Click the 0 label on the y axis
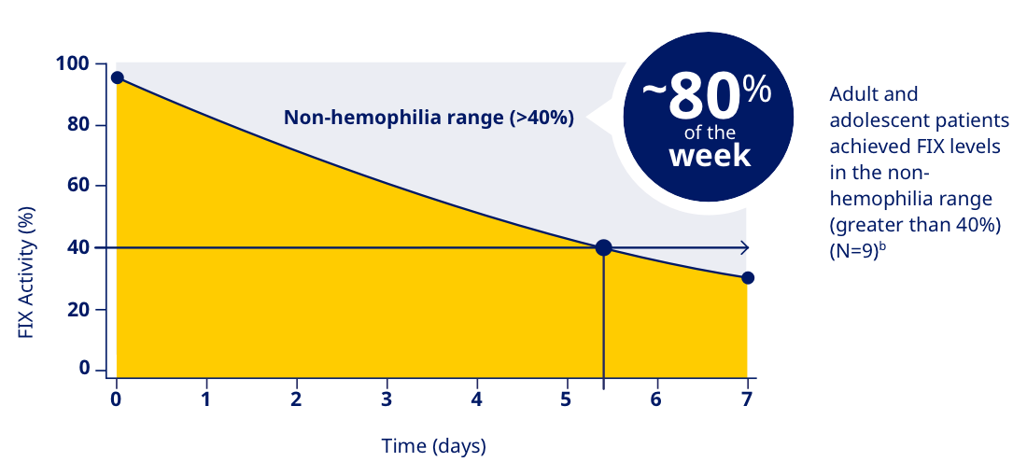[x=85, y=369]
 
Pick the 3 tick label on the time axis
[x=386, y=399]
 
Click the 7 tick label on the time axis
[x=746, y=399]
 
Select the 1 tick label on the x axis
[x=205, y=399]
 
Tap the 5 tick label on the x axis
[x=566, y=399]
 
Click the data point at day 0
[x=117, y=77]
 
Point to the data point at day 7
[x=747, y=277]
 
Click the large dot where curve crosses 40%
[x=603, y=247]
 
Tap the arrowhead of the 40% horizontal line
[x=743, y=247]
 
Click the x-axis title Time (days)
[x=434, y=446]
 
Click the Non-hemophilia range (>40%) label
[x=429, y=118]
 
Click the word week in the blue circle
[x=710, y=155]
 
